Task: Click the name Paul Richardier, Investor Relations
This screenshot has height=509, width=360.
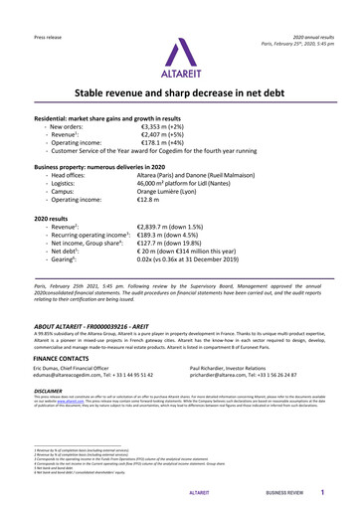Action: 240,368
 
